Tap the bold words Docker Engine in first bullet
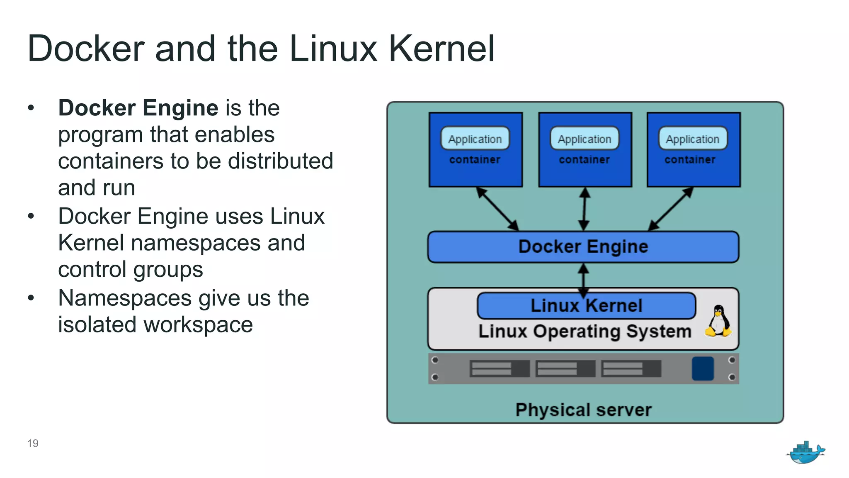[138, 108]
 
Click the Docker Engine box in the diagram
[583, 247]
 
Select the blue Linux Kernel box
[586, 306]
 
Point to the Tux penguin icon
[718, 321]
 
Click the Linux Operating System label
[585, 332]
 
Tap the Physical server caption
[583, 410]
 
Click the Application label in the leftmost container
[475, 139]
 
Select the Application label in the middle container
[585, 139]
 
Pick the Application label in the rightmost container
[693, 139]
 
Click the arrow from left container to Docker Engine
[497, 209]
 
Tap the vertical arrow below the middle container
[584, 209]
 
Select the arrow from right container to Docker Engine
[670, 209]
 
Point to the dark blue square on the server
[703, 368]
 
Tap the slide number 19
[33, 444]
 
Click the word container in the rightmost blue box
[690, 160]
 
